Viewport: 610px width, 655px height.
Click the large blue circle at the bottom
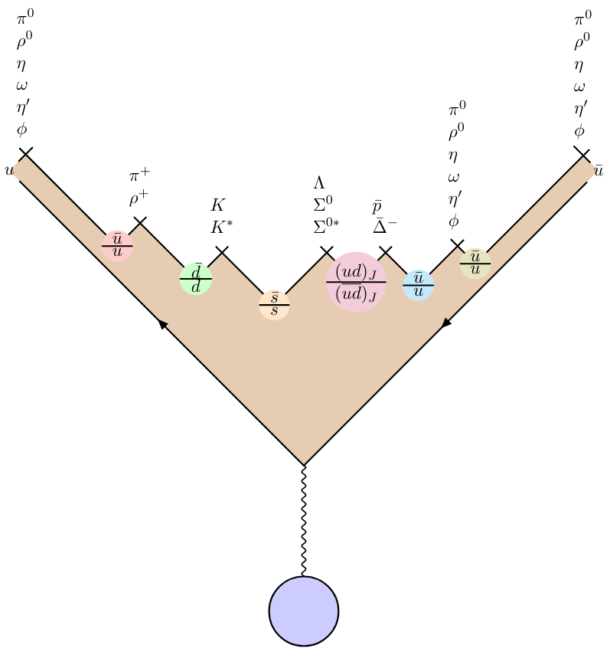pyautogui.click(x=304, y=611)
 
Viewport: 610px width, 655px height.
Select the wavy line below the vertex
pyautogui.click(x=304, y=521)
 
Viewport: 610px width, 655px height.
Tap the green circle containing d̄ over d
pyautogui.click(x=196, y=279)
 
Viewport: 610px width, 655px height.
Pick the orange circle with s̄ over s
pyautogui.click(x=274, y=305)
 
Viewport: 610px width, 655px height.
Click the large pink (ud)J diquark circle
pyautogui.click(x=356, y=282)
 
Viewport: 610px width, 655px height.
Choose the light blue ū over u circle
pyautogui.click(x=419, y=285)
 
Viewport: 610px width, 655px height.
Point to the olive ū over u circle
pyautogui.click(x=475, y=263)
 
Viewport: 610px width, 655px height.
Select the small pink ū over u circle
pyautogui.click(x=117, y=245)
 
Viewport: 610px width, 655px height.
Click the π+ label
pyautogui.click(x=139, y=176)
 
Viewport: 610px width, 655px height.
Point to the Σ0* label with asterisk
pyautogui.click(x=325, y=226)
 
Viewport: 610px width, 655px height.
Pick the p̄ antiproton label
pyautogui.click(x=377, y=207)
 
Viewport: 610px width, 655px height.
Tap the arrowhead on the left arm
pyautogui.click(x=163, y=324)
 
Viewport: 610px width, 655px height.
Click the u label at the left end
pyautogui.click(x=8, y=170)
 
